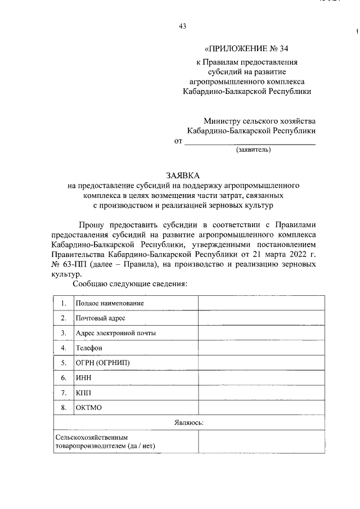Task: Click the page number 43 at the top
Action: click(182, 26)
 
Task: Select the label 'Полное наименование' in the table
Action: click(110, 303)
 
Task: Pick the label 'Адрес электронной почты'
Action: click(116, 332)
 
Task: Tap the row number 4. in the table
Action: click(64, 348)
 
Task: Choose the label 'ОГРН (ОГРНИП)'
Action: click(102, 363)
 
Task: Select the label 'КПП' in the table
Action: click(84, 392)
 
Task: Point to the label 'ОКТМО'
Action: click(89, 407)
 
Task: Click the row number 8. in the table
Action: click(64, 407)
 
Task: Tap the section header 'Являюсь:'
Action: click(188, 422)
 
